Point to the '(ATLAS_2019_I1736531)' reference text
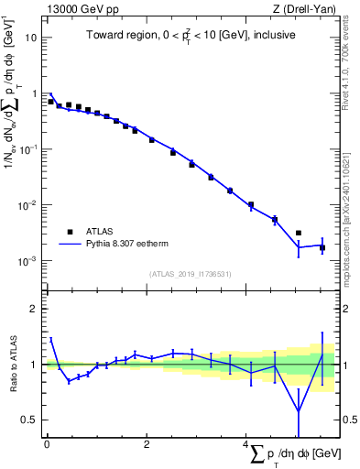coord(191,273)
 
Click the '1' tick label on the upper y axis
coord(34,93)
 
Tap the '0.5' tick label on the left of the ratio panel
coord(30,420)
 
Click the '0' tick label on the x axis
coord(47,445)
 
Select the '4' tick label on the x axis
coord(245,445)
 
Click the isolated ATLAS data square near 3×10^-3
coord(299,234)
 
